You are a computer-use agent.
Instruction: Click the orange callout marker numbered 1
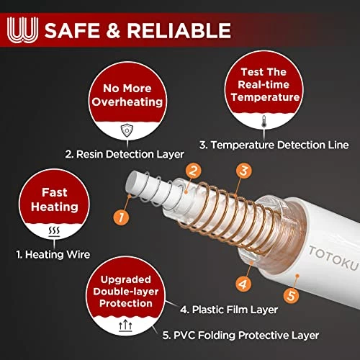click(121, 217)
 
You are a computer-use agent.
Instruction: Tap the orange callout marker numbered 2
click(194, 171)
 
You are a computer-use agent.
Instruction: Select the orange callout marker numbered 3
click(244, 171)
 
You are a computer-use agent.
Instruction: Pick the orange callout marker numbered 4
click(243, 284)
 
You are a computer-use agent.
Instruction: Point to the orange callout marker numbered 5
click(291, 295)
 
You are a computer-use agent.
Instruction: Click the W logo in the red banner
click(22, 30)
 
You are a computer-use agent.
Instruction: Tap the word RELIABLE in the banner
click(179, 30)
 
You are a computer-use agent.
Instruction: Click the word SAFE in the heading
click(72, 30)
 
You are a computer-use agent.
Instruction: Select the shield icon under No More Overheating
click(127, 130)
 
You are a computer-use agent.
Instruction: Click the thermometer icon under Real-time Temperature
click(264, 121)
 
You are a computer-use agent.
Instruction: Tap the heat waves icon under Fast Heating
click(54, 232)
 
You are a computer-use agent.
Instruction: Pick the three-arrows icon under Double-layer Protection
click(125, 326)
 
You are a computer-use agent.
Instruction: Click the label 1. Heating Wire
click(53, 254)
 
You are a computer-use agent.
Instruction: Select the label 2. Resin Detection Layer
click(125, 154)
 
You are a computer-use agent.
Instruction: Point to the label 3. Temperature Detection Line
click(274, 145)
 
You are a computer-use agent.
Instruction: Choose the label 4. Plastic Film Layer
click(229, 310)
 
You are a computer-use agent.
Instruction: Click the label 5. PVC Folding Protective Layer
click(240, 336)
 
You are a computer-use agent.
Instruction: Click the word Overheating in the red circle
click(127, 102)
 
